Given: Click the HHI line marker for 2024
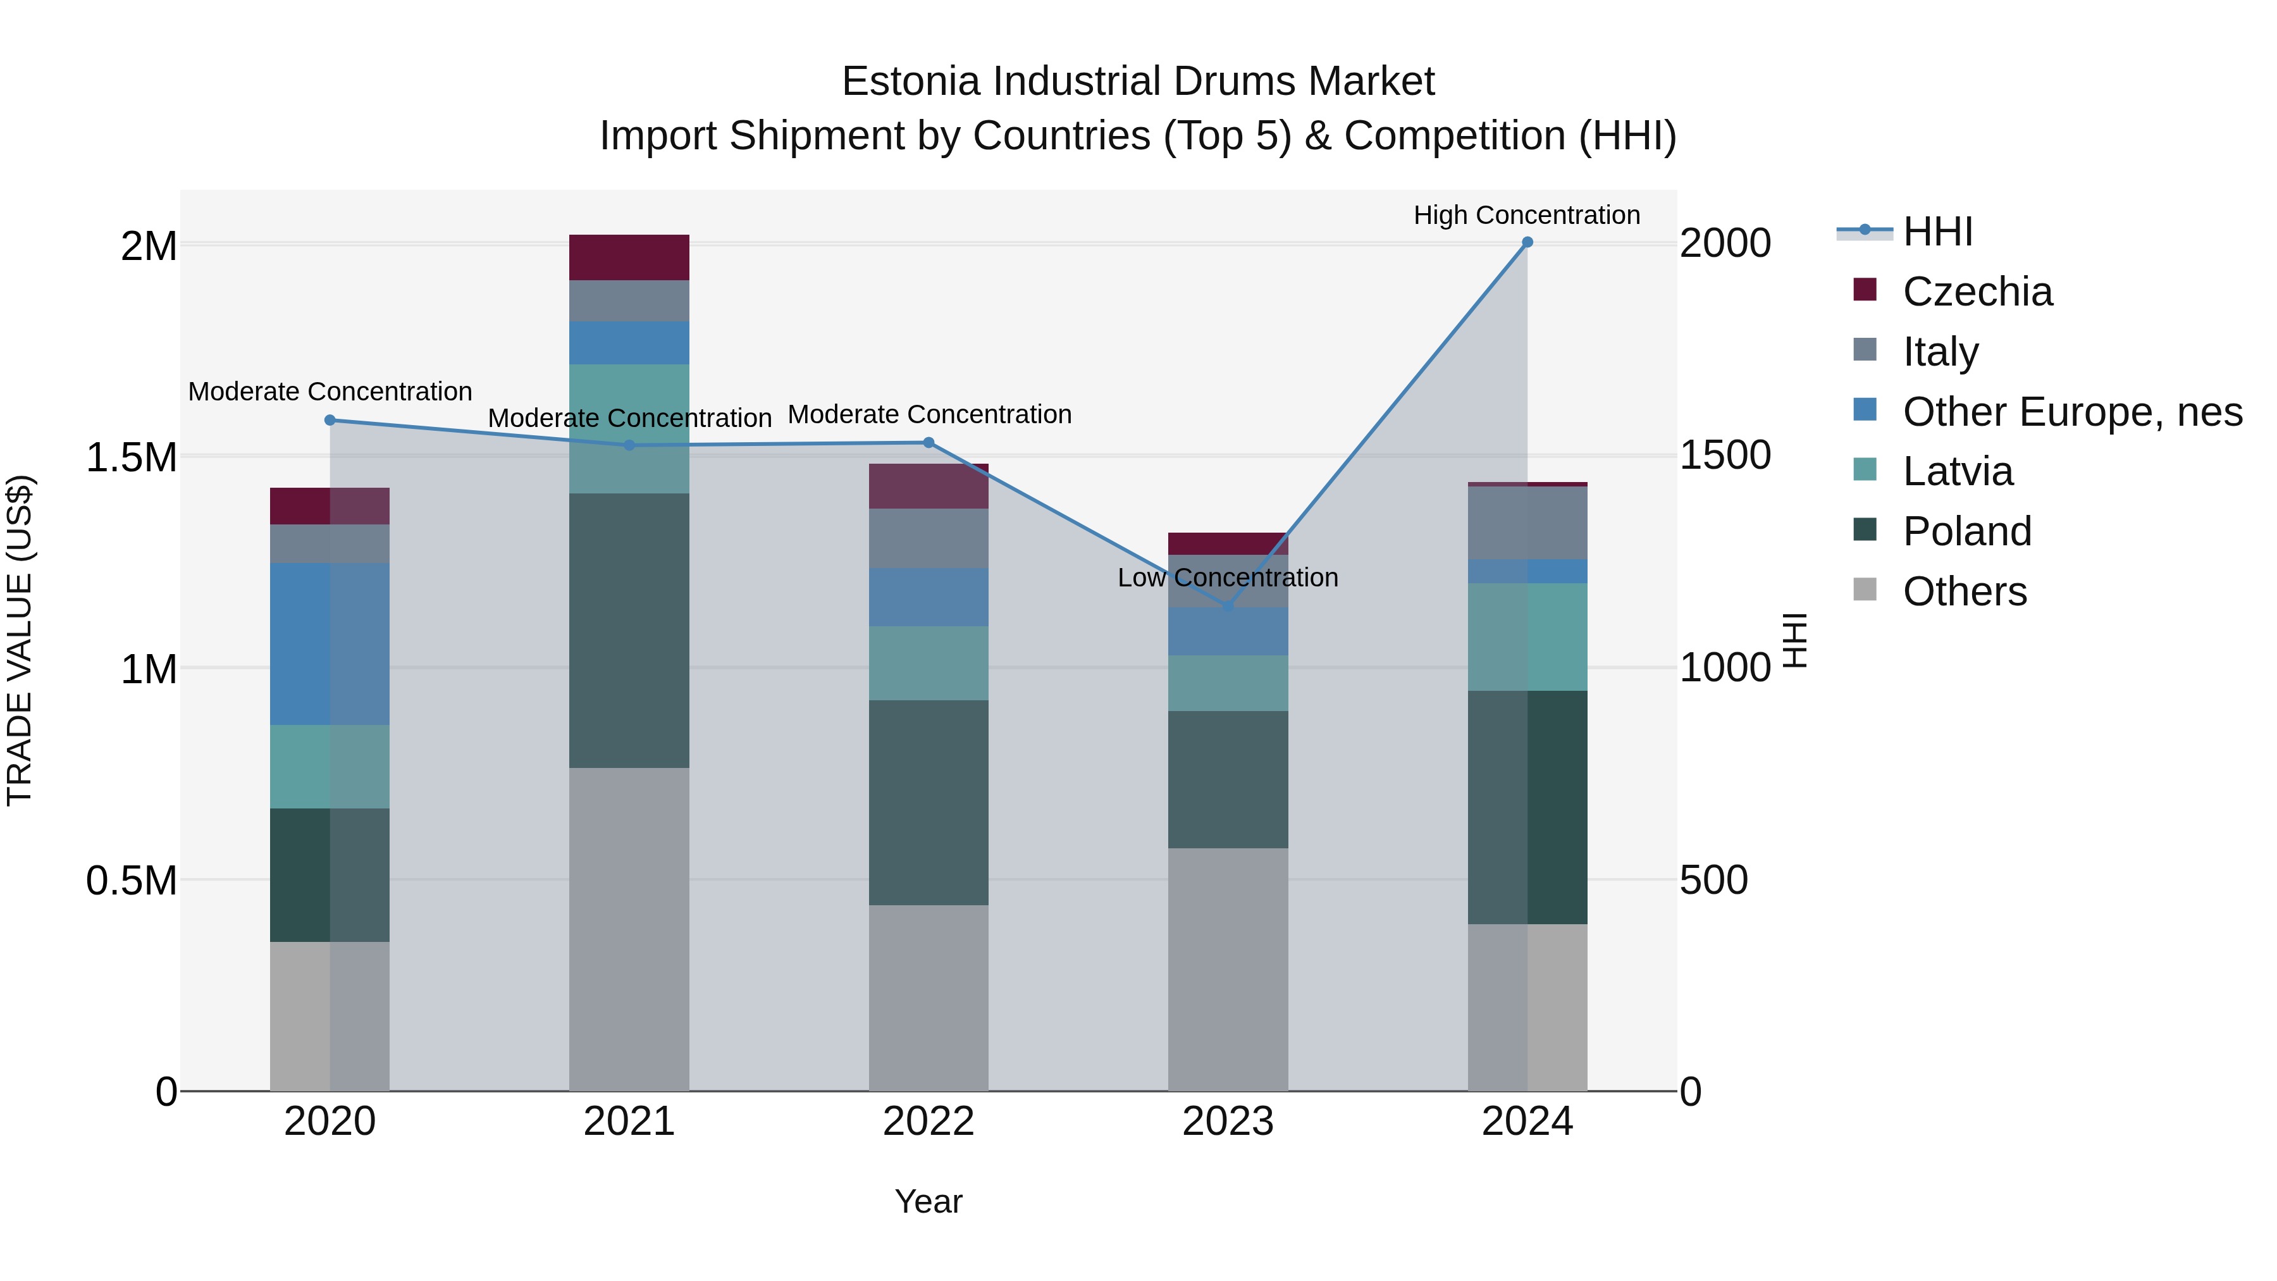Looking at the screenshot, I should coord(1527,242).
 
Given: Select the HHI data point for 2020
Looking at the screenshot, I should coord(330,420).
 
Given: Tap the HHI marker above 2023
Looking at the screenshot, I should coord(1228,605).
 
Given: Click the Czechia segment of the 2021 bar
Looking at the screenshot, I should coord(629,257).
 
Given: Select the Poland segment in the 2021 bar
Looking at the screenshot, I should coord(629,629).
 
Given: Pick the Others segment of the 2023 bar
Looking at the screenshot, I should coord(1228,969).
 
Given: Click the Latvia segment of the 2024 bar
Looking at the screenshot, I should coord(1527,636).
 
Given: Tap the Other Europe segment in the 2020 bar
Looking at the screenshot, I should coord(330,643).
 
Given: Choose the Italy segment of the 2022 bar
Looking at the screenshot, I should coord(928,538).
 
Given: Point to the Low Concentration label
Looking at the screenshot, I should coord(1227,578).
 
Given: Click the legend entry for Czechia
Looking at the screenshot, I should coord(1977,292).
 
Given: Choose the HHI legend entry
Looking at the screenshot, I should coord(1937,232).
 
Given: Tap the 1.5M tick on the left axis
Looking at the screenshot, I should coord(132,458).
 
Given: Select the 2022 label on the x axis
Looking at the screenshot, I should coord(928,1122).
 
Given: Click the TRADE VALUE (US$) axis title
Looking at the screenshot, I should coord(20,640).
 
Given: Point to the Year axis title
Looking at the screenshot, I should coord(928,1201).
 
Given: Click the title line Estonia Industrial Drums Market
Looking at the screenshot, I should coord(1138,82).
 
